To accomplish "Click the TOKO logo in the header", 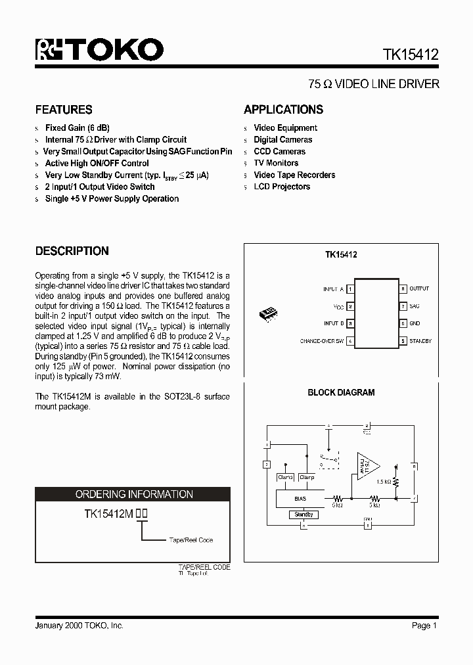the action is pos(99,50).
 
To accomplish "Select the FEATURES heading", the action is pos(64,110).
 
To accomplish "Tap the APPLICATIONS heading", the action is pos(283,110).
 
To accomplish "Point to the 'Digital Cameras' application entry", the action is pos(282,140).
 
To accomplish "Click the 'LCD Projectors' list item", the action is pos(282,187).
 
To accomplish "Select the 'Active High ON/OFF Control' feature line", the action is pos(97,164).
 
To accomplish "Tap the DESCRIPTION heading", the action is pos(72,251).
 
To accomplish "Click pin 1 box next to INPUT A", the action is pos(350,289).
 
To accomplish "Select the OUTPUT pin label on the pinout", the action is pos(419,289).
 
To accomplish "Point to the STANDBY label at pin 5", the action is pos(420,341).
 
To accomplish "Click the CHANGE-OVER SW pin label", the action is pos(322,341).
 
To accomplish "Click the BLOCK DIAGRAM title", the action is pos(341,392).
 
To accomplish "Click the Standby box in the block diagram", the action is pos(304,515).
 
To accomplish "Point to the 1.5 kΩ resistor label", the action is pos(384,482).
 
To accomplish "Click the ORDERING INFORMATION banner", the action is pos(134,494).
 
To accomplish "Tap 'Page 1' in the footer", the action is pos(424,626).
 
